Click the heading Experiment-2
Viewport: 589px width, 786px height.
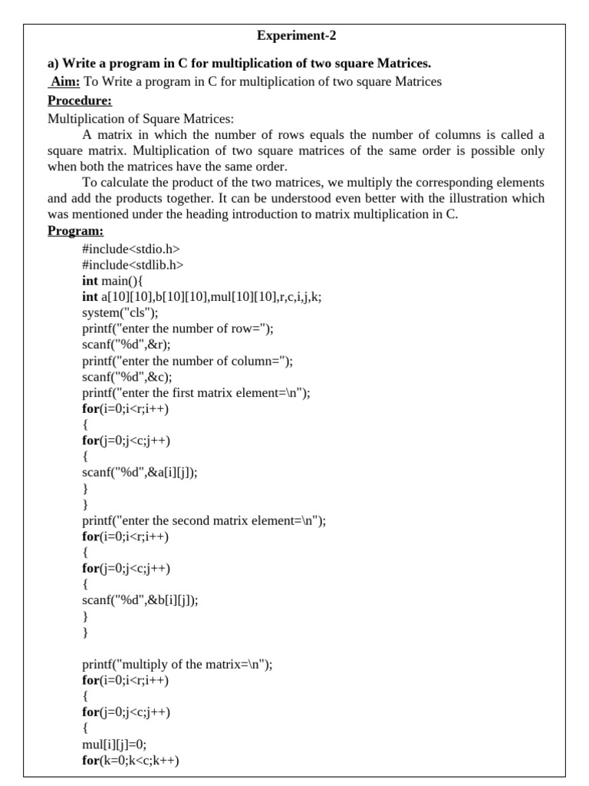click(296, 35)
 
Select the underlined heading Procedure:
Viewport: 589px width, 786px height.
click(79, 101)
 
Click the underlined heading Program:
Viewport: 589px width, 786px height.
click(75, 231)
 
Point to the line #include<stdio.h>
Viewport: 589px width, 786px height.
click(131, 249)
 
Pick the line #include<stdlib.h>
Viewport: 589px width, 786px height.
click(133, 265)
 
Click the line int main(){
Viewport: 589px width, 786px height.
click(118, 281)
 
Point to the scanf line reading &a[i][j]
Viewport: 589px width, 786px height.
click(140, 473)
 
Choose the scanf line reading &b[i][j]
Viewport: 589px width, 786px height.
click(140, 601)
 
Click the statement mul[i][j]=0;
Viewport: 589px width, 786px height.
click(114, 745)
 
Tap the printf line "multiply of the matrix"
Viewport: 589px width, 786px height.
click(177, 665)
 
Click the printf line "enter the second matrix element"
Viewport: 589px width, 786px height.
click(204, 520)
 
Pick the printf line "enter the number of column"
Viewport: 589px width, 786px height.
click(187, 361)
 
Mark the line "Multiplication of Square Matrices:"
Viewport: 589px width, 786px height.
click(141, 119)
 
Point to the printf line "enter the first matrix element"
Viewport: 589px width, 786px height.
click(196, 393)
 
